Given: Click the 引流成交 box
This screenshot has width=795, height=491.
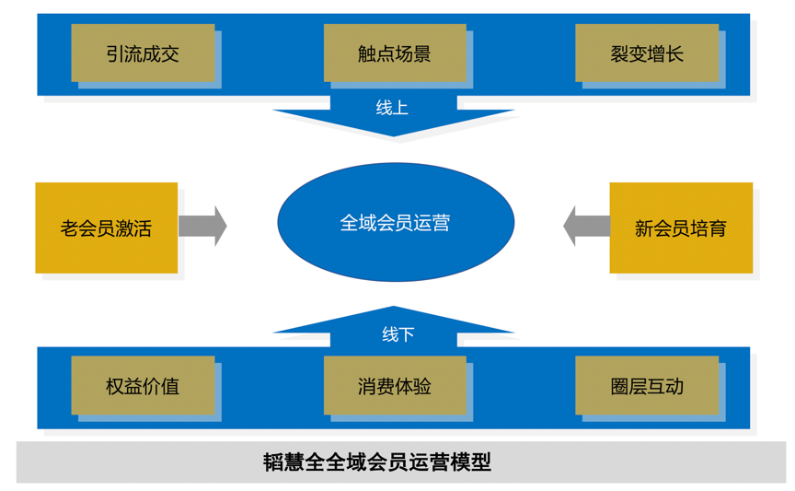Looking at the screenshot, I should point(143,53).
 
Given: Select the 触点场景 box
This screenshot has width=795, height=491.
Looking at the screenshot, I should point(395,53).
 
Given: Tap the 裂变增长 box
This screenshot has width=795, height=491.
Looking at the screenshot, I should point(647,53).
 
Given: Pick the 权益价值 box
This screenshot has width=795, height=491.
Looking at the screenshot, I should point(143,385).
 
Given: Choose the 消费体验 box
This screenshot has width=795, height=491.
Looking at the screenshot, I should point(395,385).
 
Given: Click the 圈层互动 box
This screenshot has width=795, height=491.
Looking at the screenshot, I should point(647,385).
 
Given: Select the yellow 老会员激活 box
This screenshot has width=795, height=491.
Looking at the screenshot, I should point(107,228).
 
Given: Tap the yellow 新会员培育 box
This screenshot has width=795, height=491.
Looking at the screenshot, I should point(681,228).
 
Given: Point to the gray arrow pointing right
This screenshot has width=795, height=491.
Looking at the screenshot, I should point(202,226).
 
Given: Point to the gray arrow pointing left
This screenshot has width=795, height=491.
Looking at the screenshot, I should point(586,226).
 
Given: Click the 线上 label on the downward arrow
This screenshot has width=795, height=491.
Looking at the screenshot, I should point(393,108).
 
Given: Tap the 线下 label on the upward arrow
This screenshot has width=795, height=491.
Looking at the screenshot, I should point(397,333).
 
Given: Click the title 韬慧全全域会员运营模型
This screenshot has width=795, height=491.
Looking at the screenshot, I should point(377,462).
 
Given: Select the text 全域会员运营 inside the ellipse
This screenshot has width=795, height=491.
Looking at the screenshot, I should point(396,222).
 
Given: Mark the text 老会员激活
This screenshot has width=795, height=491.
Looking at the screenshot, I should point(107,228).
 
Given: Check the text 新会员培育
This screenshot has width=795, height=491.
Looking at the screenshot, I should point(681,228).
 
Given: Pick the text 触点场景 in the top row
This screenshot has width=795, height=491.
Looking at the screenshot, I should point(395,53).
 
